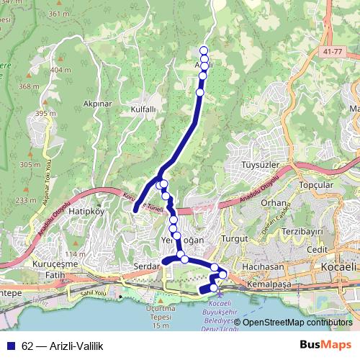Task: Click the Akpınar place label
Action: pyautogui.click(x=98, y=104)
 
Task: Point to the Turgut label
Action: pyautogui.click(x=235, y=238)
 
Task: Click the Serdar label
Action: pyautogui.click(x=145, y=266)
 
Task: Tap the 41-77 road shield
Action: pyautogui.click(x=333, y=52)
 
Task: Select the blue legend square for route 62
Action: pyautogui.click(x=10, y=346)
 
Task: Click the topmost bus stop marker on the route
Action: pyautogui.click(x=204, y=50)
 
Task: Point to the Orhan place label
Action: pyautogui.click(x=274, y=202)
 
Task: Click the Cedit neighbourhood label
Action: pyautogui.click(x=316, y=249)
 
